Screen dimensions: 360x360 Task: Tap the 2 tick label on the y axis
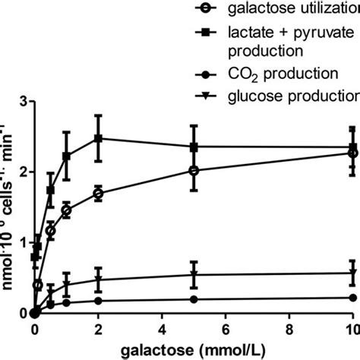[x=23, y=172]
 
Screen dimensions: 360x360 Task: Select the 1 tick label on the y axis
[x=23, y=242]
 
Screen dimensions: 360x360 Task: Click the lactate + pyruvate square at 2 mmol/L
[x=98, y=138]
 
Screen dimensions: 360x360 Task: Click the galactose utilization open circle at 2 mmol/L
[x=98, y=194]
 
